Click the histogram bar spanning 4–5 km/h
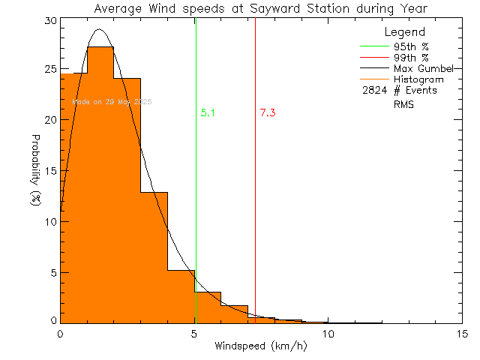coord(181,297)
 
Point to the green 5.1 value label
coord(208,113)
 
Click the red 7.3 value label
coord(268,113)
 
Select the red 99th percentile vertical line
coord(255,187)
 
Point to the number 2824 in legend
coord(373,91)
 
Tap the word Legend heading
coord(405,33)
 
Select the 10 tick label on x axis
coord(328,333)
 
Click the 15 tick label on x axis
coord(462,333)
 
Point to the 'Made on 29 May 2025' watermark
coord(112,101)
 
